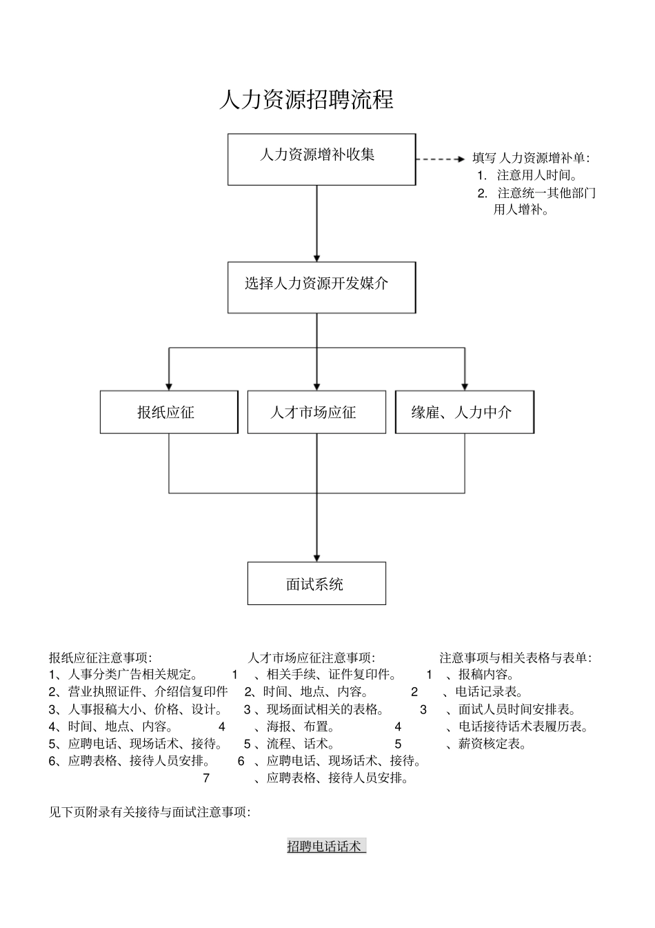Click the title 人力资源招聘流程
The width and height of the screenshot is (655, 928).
click(x=306, y=100)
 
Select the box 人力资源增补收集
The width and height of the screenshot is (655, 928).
click(x=321, y=159)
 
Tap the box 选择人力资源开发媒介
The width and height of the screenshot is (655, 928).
click(x=321, y=287)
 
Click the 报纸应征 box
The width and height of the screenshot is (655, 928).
click(x=169, y=413)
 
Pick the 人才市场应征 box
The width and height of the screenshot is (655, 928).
click(x=316, y=413)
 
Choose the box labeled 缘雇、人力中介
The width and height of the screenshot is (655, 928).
click(x=464, y=413)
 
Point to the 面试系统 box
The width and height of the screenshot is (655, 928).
click(x=316, y=584)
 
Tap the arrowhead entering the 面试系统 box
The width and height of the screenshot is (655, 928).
click(x=316, y=557)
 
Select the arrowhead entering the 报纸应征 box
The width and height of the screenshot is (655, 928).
click(x=169, y=386)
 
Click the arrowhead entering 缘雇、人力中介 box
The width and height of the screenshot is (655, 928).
click(x=465, y=386)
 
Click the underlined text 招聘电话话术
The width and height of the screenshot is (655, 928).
click(x=325, y=847)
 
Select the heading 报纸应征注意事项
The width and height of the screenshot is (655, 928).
click(x=101, y=658)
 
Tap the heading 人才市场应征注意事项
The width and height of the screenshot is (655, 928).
click(x=312, y=658)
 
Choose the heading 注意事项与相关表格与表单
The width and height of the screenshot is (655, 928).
click(x=516, y=658)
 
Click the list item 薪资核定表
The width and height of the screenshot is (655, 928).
click(x=492, y=744)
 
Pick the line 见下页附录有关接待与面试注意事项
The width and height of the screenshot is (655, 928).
click(x=150, y=812)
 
